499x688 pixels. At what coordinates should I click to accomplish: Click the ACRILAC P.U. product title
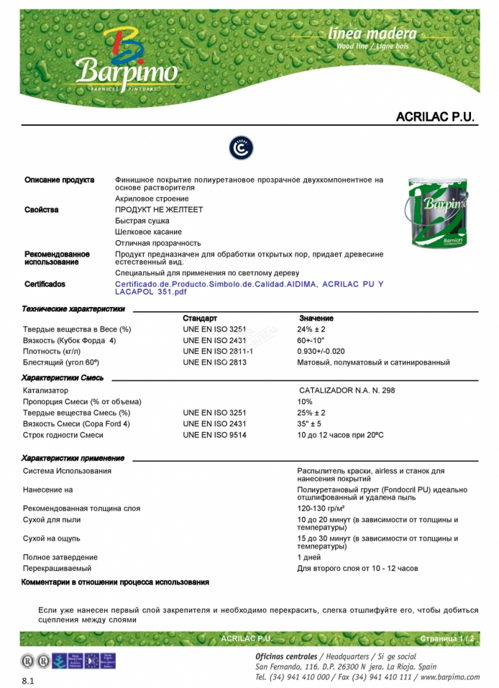pyautogui.click(x=436, y=116)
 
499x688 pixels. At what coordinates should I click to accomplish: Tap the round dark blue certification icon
pyautogui.click(x=242, y=148)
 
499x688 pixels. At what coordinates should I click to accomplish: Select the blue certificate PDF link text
pyautogui.click(x=249, y=288)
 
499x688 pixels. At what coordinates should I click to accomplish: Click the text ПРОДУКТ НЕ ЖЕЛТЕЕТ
pyautogui.click(x=159, y=210)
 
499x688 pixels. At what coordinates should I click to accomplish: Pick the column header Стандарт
pyautogui.click(x=200, y=318)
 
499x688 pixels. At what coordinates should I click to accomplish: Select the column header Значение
pyautogui.click(x=316, y=318)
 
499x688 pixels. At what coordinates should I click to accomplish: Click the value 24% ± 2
pyautogui.click(x=311, y=329)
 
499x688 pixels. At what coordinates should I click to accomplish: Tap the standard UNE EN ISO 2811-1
pyautogui.click(x=218, y=352)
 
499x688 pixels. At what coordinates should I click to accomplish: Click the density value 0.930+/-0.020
pyautogui.click(x=326, y=352)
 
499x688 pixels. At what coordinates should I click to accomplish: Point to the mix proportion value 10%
pyautogui.click(x=305, y=401)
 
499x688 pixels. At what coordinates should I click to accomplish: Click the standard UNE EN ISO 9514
pyautogui.click(x=214, y=435)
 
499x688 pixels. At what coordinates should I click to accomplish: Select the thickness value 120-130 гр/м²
pyautogui.click(x=319, y=508)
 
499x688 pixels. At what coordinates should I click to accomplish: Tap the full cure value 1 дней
pyautogui.click(x=308, y=557)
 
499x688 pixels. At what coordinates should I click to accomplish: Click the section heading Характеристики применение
pyautogui.click(x=73, y=458)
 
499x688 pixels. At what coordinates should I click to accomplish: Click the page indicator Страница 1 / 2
pyautogui.click(x=447, y=638)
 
